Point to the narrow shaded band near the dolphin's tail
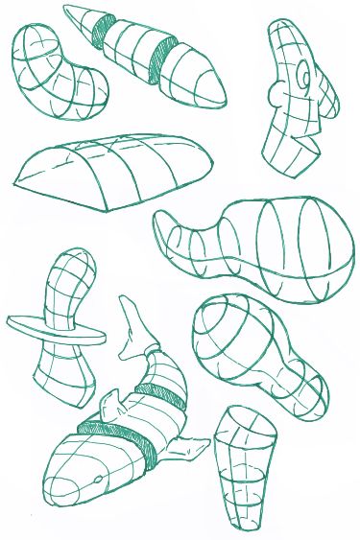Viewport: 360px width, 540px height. click(x=158, y=393)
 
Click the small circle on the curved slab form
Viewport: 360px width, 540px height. click(x=303, y=72)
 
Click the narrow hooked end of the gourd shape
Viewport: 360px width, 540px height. click(x=173, y=235)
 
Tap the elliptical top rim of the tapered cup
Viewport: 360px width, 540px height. click(x=245, y=423)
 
